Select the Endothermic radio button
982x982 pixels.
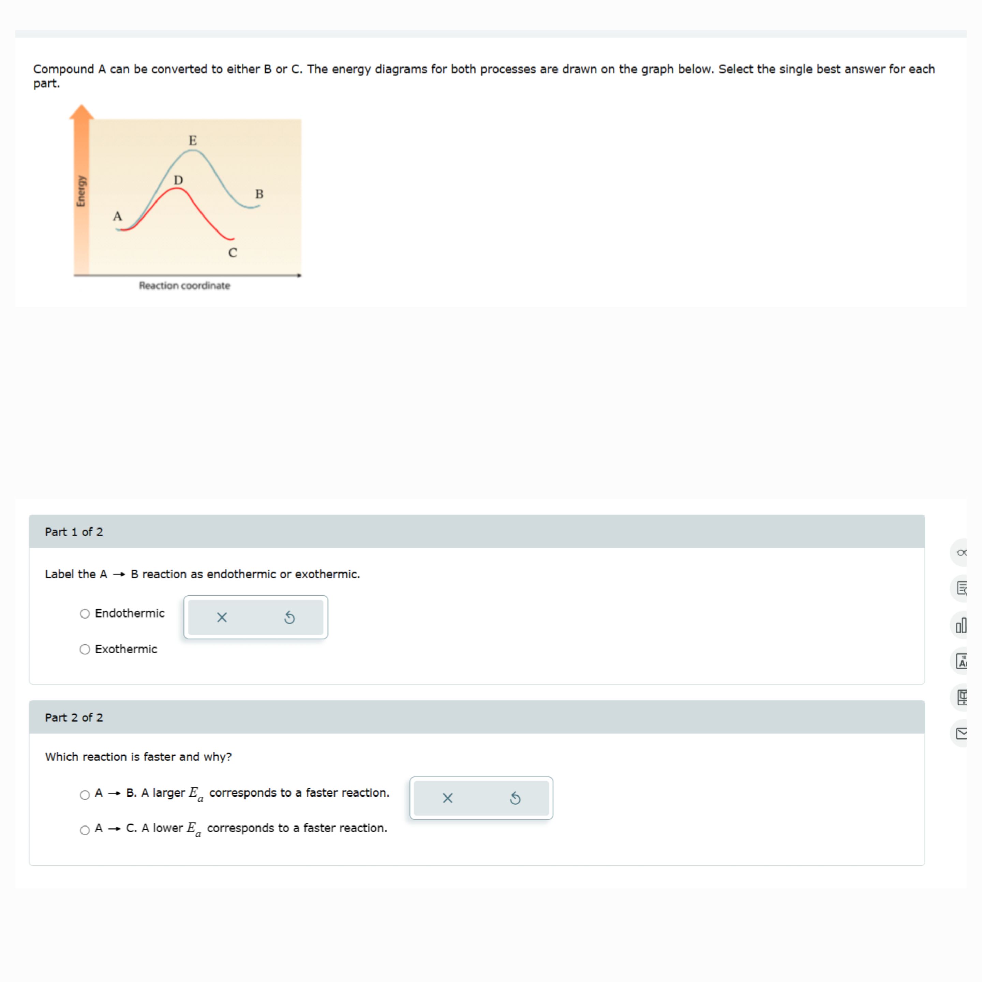click(x=85, y=613)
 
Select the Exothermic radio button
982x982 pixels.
click(x=85, y=649)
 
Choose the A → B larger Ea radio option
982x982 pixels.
click(x=85, y=794)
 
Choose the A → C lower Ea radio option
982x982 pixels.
click(x=85, y=830)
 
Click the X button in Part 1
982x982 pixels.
click(x=222, y=617)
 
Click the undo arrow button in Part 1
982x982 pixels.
click(x=289, y=617)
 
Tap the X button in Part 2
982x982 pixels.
click(x=447, y=798)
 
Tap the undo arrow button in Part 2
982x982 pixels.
click(x=515, y=798)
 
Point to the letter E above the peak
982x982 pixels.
click(x=193, y=140)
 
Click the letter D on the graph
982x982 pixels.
click(x=178, y=180)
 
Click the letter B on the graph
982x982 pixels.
click(x=259, y=194)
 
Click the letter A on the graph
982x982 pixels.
click(x=117, y=216)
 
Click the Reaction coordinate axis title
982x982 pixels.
click(x=184, y=286)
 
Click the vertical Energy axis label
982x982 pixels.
click(x=81, y=191)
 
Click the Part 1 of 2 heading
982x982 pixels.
click(x=74, y=532)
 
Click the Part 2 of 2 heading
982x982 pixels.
click(x=74, y=717)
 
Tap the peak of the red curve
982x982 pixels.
click(x=176, y=189)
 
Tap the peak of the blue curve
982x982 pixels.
click(x=193, y=150)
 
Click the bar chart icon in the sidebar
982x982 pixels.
click(x=961, y=625)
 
